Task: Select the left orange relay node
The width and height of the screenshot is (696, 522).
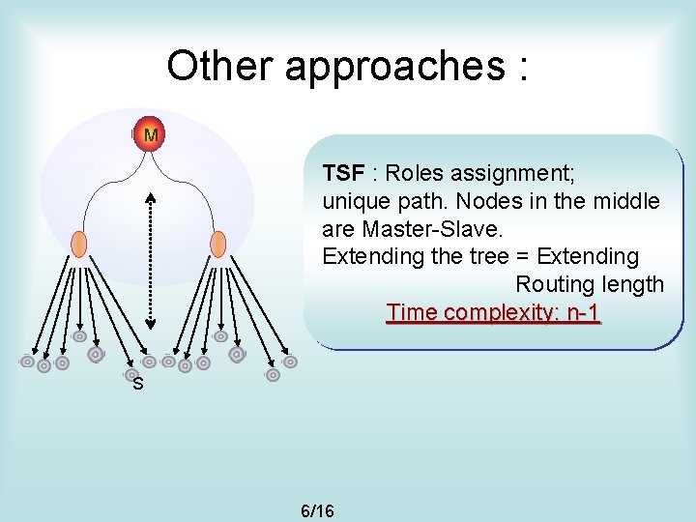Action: click(79, 244)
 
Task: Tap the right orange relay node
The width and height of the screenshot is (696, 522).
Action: click(218, 244)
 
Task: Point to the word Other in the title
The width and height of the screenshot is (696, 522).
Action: click(220, 66)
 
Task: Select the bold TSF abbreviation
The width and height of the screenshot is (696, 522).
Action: click(343, 173)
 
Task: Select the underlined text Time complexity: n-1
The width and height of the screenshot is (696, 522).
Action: click(493, 312)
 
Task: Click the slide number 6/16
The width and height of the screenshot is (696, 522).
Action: click(318, 509)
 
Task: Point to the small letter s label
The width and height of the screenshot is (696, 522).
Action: click(138, 385)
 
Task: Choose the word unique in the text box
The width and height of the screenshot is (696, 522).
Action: click(354, 202)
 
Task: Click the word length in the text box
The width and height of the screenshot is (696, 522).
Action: click(635, 285)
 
